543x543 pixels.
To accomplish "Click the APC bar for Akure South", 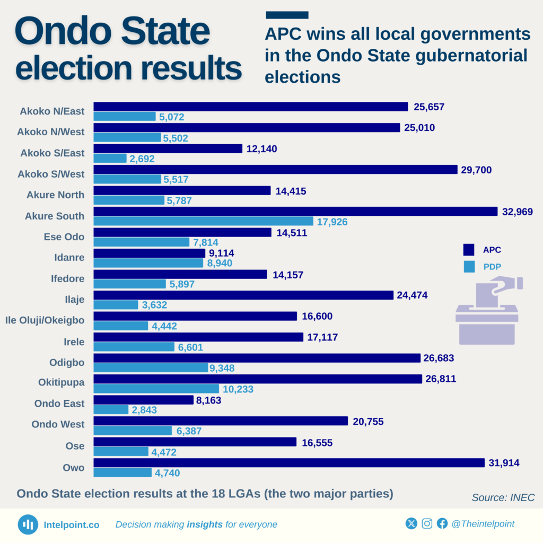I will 295,212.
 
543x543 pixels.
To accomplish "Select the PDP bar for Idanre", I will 148,263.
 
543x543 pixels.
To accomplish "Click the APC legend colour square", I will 468,250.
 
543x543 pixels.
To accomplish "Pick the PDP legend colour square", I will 468,267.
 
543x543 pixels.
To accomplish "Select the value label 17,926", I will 332,222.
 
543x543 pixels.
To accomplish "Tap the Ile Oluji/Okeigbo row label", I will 45,320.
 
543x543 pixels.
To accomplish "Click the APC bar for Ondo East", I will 143,400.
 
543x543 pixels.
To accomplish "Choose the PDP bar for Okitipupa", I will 156,389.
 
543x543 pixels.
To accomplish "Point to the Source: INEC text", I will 503,497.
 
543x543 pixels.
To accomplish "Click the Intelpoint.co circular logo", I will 28,524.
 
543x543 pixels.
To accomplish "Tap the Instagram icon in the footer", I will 427,524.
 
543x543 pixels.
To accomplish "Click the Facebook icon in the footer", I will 442,524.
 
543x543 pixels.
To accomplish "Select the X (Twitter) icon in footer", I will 411,524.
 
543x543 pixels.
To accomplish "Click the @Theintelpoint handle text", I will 483,524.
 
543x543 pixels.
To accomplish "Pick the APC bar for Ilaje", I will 243,295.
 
